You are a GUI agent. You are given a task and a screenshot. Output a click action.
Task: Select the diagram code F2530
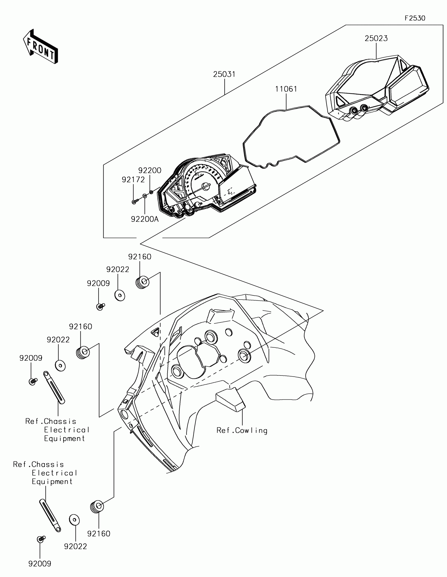(x=415, y=18)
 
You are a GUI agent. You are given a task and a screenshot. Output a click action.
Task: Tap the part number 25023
(x=376, y=39)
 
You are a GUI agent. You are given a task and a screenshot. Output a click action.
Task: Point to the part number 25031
(x=224, y=75)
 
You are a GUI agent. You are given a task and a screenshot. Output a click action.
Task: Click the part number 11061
(x=286, y=89)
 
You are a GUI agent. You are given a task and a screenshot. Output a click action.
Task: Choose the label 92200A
(x=145, y=219)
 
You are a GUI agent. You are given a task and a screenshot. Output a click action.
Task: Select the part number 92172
(x=133, y=180)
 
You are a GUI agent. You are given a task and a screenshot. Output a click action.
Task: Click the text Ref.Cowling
(x=242, y=431)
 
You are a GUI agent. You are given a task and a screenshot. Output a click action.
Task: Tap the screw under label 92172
(x=135, y=202)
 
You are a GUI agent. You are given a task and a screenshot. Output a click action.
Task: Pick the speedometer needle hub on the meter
(x=206, y=187)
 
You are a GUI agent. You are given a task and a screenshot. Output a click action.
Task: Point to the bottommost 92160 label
(x=99, y=534)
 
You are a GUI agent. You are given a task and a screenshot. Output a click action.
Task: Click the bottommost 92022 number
(x=75, y=546)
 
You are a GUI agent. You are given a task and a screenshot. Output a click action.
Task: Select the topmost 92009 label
(x=98, y=284)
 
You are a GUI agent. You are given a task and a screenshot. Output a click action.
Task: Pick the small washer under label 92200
(x=151, y=192)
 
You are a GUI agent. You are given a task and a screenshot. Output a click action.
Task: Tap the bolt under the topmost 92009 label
(x=100, y=306)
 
